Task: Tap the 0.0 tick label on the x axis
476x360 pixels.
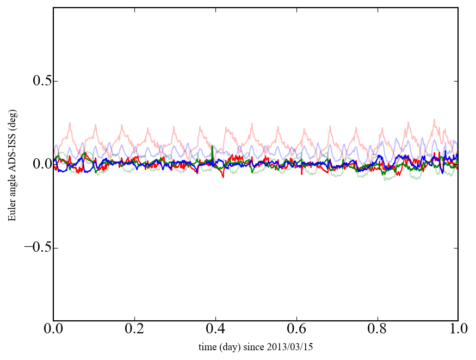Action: (x=53, y=330)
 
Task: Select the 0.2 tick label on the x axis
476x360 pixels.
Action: (x=134, y=330)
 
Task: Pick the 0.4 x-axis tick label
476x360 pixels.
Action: (x=215, y=330)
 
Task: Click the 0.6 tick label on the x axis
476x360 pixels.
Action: (x=296, y=330)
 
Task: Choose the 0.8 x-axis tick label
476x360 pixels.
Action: (x=377, y=330)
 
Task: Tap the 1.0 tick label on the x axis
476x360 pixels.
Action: (x=458, y=330)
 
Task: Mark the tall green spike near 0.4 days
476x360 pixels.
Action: (x=212, y=147)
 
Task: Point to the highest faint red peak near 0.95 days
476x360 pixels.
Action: (x=434, y=120)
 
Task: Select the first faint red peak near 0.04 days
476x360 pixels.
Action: (x=70, y=123)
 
